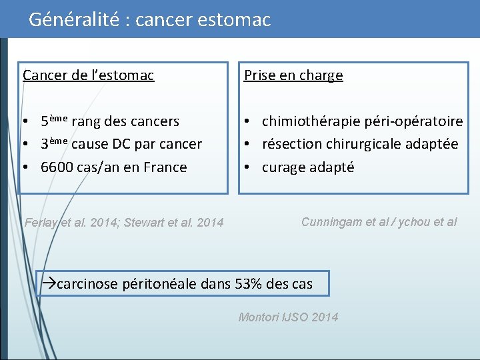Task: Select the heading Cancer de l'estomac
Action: click(89, 75)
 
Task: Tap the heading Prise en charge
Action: click(293, 75)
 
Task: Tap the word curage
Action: click(283, 167)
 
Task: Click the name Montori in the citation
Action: click(259, 317)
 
